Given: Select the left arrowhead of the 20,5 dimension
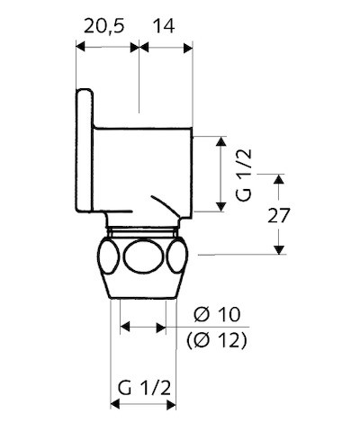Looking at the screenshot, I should [80, 49].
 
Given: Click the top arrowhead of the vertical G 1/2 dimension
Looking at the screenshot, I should [220, 140].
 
